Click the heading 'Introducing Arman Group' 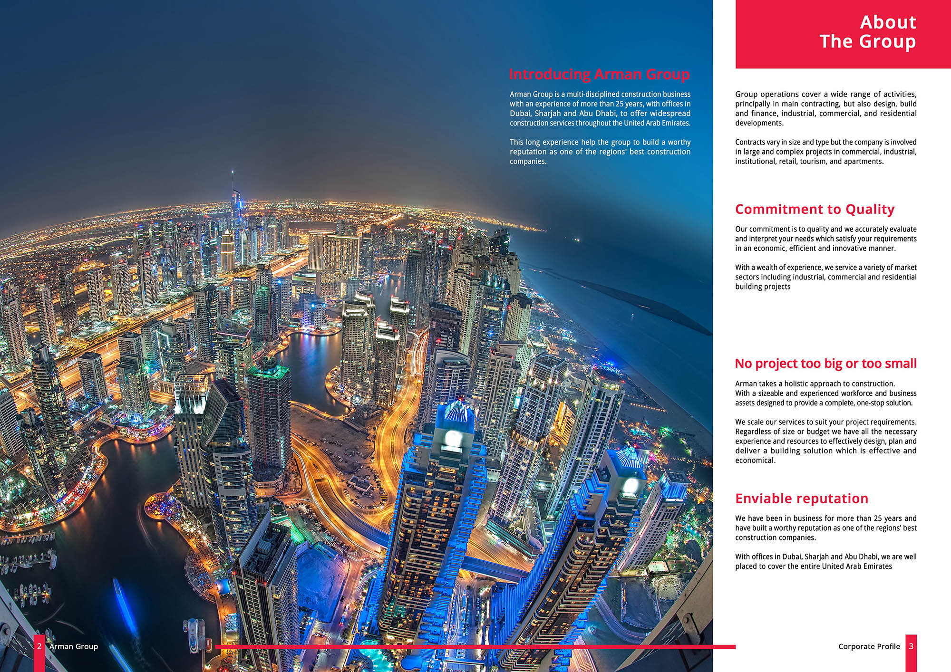click(599, 75)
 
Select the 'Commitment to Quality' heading click(815, 210)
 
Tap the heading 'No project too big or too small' click(825, 364)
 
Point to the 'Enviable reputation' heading click(802, 499)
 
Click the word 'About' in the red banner click(888, 22)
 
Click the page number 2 click(39, 646)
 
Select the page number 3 click(911, 646)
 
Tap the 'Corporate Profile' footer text click(869, 646)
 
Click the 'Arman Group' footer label click(74, 646)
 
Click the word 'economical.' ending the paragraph click(755, 461)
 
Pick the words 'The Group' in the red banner click(867, 42)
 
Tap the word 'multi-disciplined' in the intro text click(593, 95)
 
